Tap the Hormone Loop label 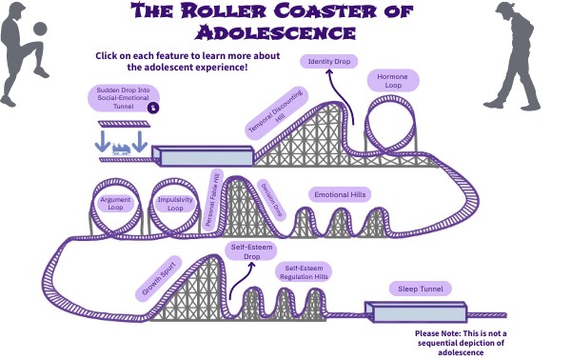click(x=392, y=81)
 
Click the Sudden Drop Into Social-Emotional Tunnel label click(x=123, y=98)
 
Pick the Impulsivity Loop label click(x=176, y=202)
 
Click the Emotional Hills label click(x=340, y=194)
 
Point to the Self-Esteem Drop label click(x=251, y=252)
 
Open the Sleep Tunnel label click(x=419, y=289)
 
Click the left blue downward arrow click(x=103, y=140)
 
